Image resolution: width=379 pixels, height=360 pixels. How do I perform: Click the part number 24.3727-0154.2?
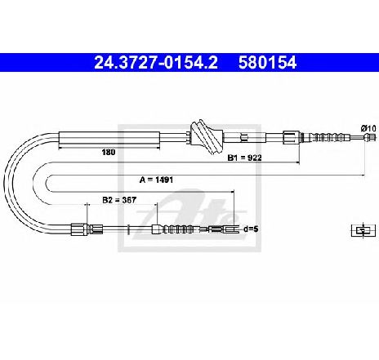coord(156,63)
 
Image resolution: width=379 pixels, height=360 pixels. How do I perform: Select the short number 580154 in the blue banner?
coord(267,63)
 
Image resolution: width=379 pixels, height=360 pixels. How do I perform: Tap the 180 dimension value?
coord(109,152)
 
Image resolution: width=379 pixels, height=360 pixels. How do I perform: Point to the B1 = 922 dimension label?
coord(244,158)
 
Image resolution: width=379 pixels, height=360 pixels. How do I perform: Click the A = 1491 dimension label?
coord(156,180)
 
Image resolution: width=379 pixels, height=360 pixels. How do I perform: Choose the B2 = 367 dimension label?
coord(119,200)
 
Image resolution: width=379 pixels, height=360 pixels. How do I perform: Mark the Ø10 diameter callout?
coord(368,128)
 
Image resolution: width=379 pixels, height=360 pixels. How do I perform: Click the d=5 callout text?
coord(251,229)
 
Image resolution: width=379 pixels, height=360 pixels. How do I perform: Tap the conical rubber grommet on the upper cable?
coord(207,137)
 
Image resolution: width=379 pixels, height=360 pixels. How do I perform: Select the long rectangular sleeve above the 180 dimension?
coord(109,137)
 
